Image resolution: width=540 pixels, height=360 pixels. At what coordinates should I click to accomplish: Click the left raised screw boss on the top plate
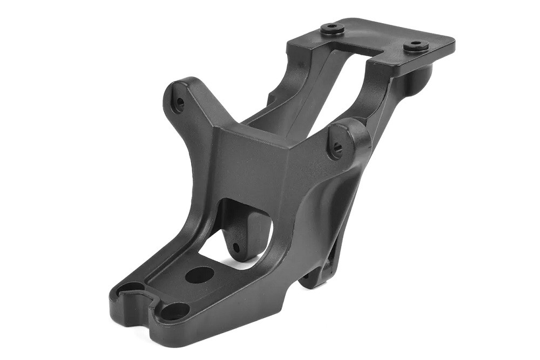click(x=332, y=29)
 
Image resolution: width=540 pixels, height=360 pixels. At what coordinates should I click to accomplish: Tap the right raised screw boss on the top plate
click(x=416, y=45)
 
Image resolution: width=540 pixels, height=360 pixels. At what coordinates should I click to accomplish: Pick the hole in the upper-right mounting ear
click(x=337, y=146)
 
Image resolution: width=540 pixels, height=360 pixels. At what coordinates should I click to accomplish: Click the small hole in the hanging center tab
click(x=236, y=248)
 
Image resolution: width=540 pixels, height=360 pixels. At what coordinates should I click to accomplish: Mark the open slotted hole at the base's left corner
click(x=130, y=291)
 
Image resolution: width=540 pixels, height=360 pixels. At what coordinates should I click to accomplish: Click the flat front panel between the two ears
click(x=254, y=162)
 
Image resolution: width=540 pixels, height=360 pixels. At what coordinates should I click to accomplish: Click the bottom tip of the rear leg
click(x=313, y=281)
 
